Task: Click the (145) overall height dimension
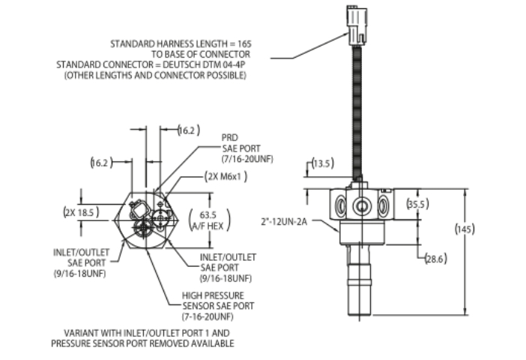pos(465,229)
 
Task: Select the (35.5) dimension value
pos(417,204)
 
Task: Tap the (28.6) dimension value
pos(436,259)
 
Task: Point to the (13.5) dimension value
pos(323,163)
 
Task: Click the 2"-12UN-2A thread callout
pos(284,222)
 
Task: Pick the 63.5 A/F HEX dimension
pos(210,220)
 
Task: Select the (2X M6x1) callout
pos(226,176)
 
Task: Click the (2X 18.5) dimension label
pos(81,212)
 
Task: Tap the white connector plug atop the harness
pos(357,25)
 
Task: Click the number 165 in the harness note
pos(244,44)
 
